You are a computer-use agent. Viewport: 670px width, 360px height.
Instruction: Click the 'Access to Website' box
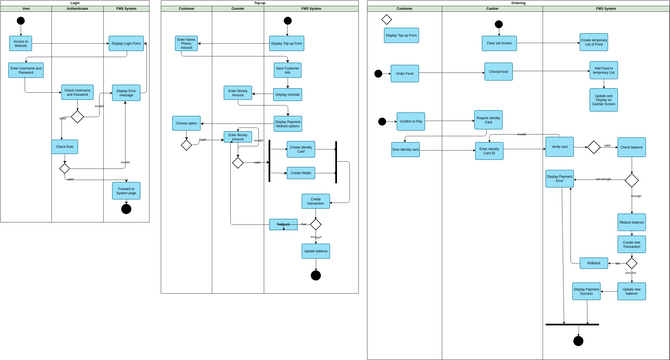coord(21,43)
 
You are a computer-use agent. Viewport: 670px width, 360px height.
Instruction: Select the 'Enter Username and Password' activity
coord(27,70)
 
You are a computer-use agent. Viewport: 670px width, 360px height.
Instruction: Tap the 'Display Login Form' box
coord(126,43)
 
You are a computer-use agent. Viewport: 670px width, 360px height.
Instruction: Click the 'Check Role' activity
coord(65,146)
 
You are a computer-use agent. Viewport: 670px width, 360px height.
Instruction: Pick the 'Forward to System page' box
coord(126,189)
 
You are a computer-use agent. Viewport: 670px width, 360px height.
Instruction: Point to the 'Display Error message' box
coord(126,93)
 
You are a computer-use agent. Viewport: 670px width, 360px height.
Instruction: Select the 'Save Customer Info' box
coord(288,70)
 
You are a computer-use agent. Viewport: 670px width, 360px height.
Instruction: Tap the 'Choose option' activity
coord(187,124)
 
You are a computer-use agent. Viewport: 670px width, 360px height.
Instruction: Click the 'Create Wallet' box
coord(301,173)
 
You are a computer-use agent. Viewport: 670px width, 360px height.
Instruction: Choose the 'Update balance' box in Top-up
coord(315,250)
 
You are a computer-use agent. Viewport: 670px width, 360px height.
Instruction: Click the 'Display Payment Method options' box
coord(288,124)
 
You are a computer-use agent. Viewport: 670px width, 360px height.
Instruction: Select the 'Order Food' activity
coord(405,73)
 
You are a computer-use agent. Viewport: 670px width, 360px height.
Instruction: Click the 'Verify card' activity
coord(560,146)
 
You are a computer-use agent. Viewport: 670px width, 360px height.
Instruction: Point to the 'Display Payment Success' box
coord(586,291)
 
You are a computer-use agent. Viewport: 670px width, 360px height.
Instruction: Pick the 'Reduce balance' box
coord(631,221)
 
